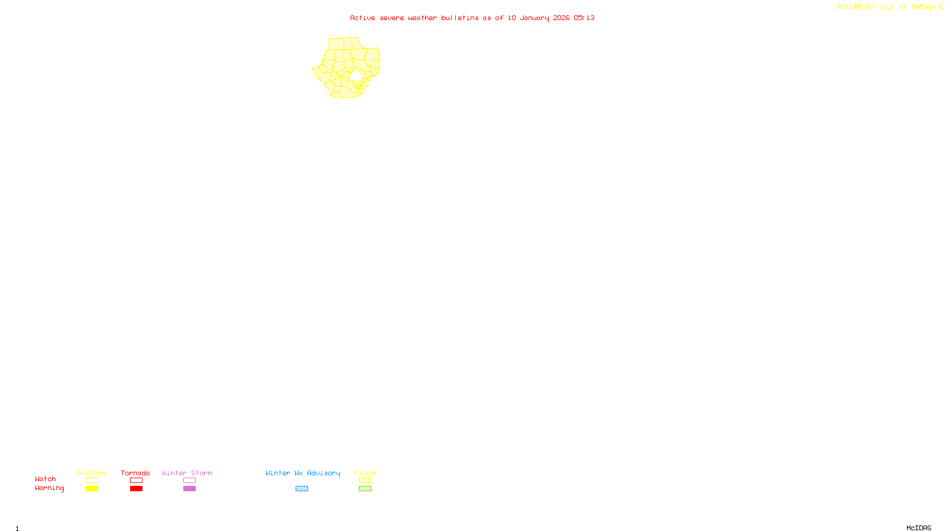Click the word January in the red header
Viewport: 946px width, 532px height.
[534, 18]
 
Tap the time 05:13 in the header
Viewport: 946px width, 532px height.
[584, 18]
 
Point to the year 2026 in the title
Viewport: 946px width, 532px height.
[561, 18]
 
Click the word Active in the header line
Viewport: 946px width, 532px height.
[362, 18]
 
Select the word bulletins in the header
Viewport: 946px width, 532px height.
[460, 18]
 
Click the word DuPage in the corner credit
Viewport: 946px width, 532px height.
[923, 7]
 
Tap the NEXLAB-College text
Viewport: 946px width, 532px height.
[865, 7]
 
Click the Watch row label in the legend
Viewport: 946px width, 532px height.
[46, 479]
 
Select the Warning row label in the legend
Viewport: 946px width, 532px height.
[49, 488]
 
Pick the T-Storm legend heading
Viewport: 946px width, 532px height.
[91, 473]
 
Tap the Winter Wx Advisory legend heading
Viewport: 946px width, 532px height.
[303, 473]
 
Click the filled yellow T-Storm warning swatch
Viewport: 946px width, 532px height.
[92, 489]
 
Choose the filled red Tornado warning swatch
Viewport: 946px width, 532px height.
[136, 489]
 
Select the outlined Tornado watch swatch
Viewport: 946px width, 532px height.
[136, 481]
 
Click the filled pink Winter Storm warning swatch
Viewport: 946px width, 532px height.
[189, 489]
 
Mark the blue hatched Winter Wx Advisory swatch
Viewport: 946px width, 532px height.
[302, 489]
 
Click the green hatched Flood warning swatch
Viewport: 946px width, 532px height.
[365, 489]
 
